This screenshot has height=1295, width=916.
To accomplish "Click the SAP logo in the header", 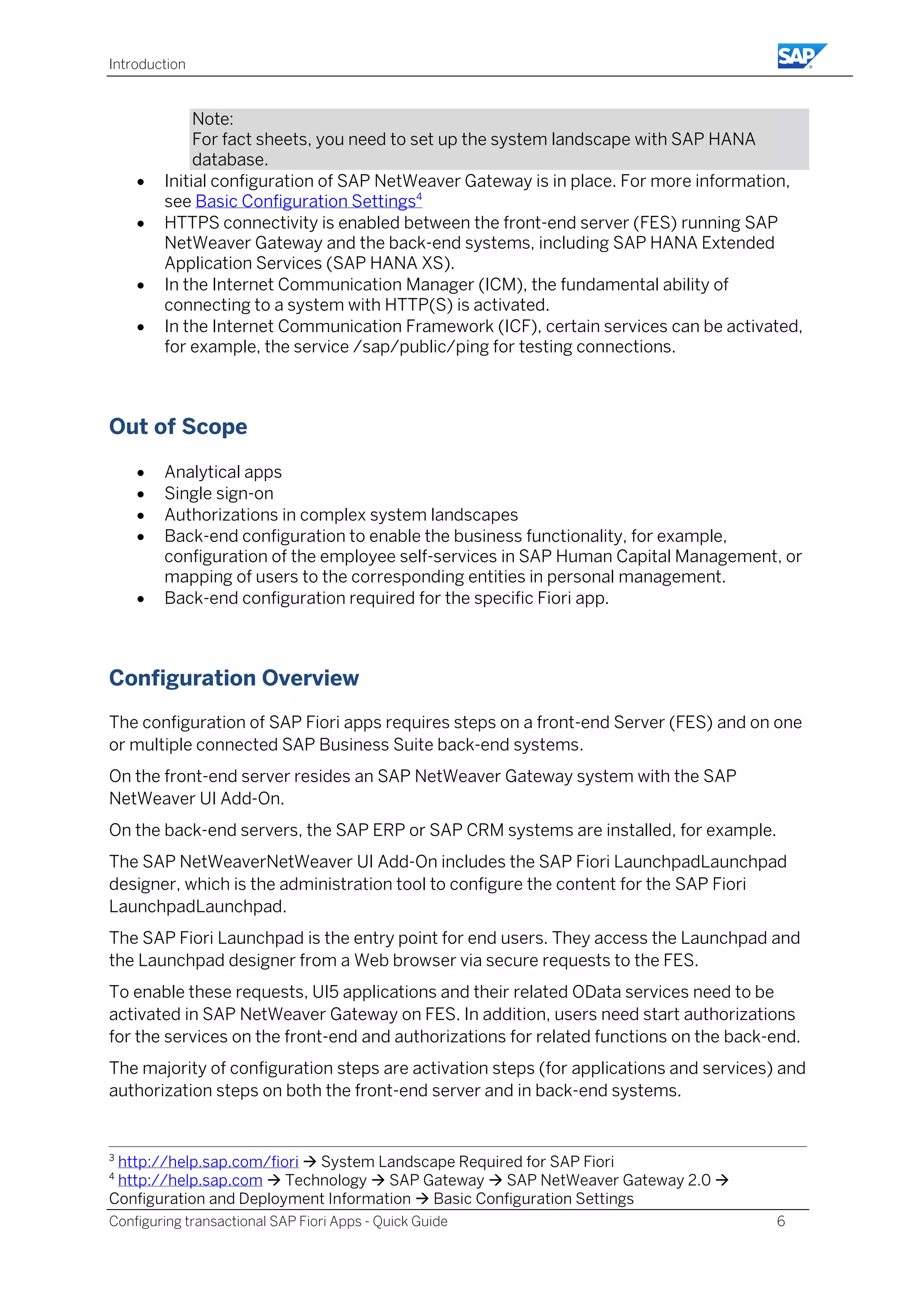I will pyautogui.click(x=801, y=56).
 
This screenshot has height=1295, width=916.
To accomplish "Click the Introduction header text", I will pyautogui.click(x=147, y=64).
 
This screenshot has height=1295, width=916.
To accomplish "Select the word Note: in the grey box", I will pyautogui.click(x=212, y=119).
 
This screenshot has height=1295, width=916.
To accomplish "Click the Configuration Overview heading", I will pyautogui.click(x=233, y=678).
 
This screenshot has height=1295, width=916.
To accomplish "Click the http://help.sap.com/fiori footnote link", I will pyautogui.click(x=208, y=1161).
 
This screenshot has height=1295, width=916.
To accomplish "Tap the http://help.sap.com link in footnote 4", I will pyautogui.click(x=190, y=1180).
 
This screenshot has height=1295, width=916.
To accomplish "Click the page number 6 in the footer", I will pyautogui.click(x=780, y=1221).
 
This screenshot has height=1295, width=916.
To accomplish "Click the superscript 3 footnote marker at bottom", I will pyautogui.click(x=112, y=1158).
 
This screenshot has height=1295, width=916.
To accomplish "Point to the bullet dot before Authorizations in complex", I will pyautogui.click(x=140, y=516).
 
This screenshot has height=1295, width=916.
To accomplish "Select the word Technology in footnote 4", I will pyautogui.click(x=326, y=1180).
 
